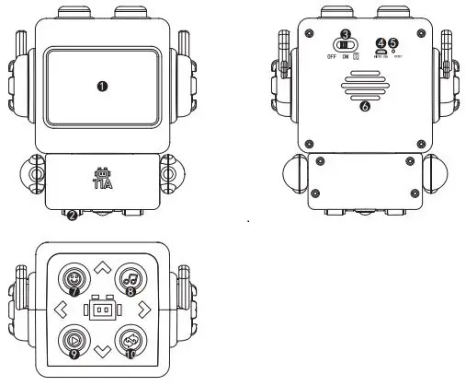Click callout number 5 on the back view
[394, 42]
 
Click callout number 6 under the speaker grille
[364, 107]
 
